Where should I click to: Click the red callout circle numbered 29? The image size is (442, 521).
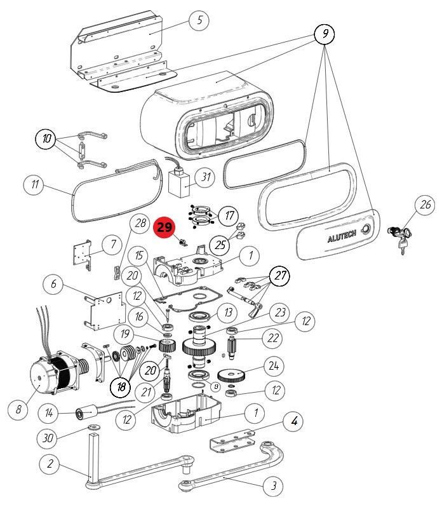click(164, 227)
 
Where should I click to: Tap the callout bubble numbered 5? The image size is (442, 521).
click(199, 20)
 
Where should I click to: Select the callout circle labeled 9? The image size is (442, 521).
click(325, 34)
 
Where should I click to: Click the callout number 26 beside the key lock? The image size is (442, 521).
click(424, 205)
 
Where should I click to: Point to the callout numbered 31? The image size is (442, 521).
click(204, 177)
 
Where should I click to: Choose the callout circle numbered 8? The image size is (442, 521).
click(18, 410)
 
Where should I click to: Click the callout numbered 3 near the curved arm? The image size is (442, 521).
click(273, 487)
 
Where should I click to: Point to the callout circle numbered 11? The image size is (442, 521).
click(34, 186)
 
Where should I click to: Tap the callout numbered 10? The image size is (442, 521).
click(46, 139)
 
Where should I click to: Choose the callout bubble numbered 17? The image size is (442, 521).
click(229, 215)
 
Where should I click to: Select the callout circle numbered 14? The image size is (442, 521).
click(48, 413)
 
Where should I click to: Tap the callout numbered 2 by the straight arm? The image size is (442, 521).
click(49, 464)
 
